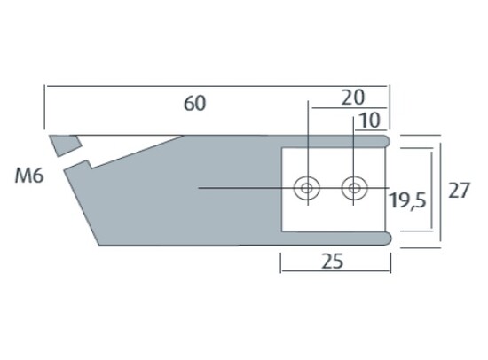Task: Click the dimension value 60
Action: [x=195, y=103]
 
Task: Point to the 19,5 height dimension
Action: [x=409, y=201]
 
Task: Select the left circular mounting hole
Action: [x=307, y=188]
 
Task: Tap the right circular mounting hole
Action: [x=355, y=188]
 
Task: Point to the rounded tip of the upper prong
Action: [x=390, y=140]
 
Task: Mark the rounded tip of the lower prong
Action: [x=390, y=237]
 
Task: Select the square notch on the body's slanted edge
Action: [x=85, y=163]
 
